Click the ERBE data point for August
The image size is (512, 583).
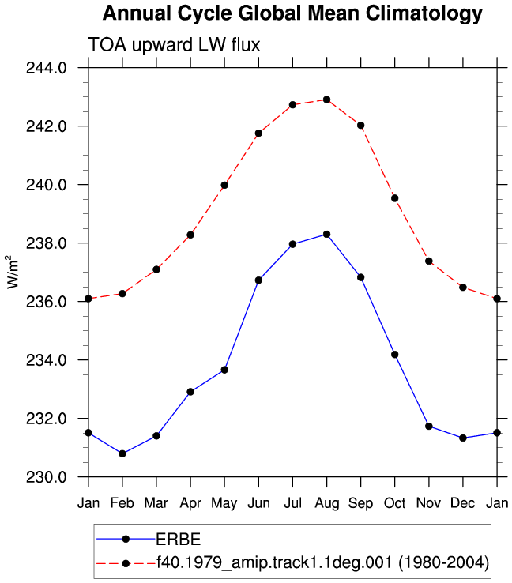[x=327, y=235]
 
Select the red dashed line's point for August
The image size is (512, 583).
[x=327, y=100]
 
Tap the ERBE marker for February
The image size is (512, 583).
[x=122, y=453]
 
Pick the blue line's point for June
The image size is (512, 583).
[x=259, y=280]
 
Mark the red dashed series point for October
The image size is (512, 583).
[x=395, y=198]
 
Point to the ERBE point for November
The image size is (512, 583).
[x=429, y=426]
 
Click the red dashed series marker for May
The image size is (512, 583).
[x=224, y=185]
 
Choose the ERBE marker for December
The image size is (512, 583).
[x=463, y=438]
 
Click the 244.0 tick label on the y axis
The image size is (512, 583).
[x=46, y=68]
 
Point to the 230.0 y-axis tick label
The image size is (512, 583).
[x=46, y=477]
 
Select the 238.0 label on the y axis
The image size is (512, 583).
[x=46, y=243]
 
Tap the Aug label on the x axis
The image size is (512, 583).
[x=327, y=504]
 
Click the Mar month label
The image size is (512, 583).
[x=156, y=503]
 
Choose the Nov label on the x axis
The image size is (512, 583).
[x=429, y=503]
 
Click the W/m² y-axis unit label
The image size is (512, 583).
[x=13, y=272]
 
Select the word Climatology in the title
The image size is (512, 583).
[x=424, y=13]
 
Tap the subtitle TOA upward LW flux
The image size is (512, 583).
[x=174, y=44]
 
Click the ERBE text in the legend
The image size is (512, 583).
[x=179, y=539]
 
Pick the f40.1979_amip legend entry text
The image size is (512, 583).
[x=322, y=562]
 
